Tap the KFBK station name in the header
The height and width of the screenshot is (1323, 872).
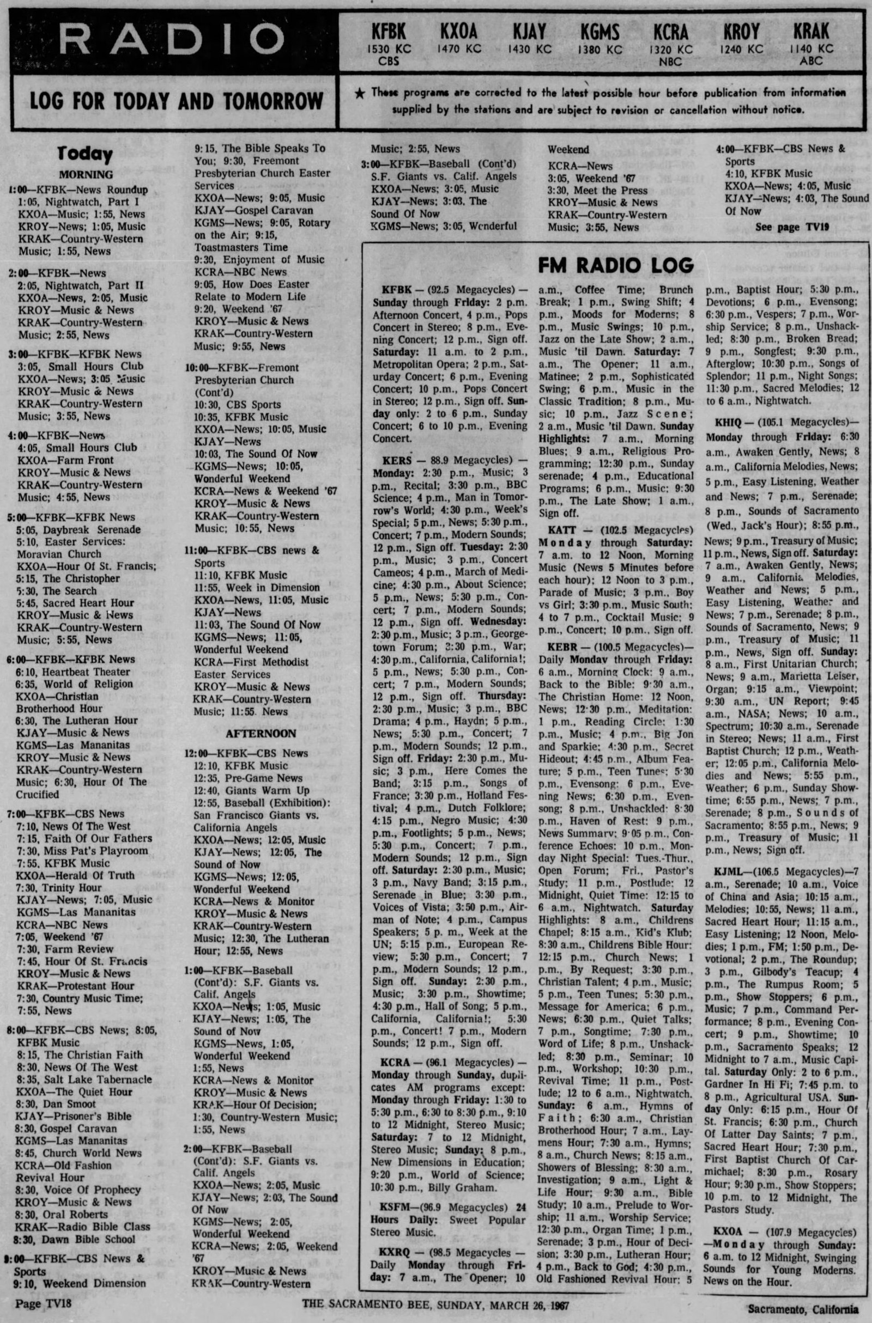(389, 32)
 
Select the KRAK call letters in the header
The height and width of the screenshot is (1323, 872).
(811, 32)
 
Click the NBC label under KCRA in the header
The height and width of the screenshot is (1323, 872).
(670, 62)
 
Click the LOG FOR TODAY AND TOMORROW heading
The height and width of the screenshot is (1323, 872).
(176, 102)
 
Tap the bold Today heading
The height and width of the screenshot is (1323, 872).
(85, 154)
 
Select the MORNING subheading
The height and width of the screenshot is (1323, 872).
(86, 174)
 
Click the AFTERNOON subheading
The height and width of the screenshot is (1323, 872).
(252, 734)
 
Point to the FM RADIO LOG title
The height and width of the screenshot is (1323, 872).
(616, 266)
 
